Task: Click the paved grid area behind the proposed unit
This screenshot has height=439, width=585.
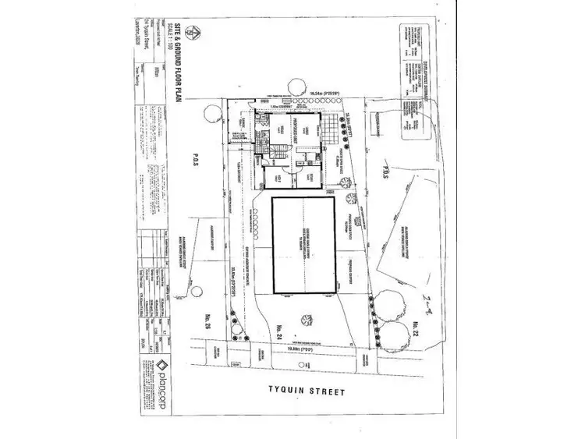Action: (333, 125)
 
